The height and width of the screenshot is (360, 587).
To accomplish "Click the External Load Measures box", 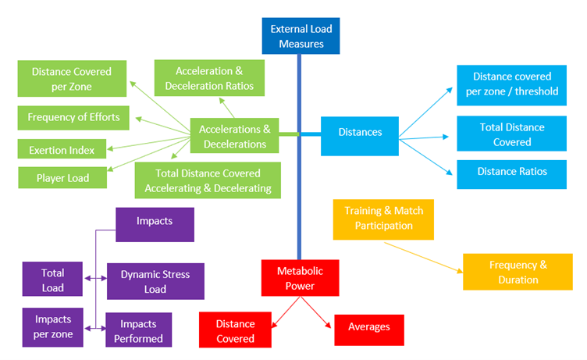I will point(301,36).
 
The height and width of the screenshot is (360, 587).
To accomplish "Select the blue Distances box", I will point(360,133).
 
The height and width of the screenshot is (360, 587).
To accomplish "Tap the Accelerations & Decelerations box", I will point(234,136).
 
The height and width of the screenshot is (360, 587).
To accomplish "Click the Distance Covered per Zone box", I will point(71,79).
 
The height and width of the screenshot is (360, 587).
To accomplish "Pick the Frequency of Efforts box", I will point(73,118).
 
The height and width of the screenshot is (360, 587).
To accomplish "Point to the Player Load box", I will point(62,177).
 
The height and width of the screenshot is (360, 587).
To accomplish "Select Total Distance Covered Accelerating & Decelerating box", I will point(208,180).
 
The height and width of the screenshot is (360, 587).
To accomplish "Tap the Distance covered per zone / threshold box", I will point(511,84).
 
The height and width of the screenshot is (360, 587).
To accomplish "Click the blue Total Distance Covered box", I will point(511,134).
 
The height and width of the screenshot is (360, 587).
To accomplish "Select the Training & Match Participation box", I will point(382,219).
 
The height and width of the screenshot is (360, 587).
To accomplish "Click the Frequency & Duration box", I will point(518,272).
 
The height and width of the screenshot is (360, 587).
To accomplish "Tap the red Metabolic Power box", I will point(300,278).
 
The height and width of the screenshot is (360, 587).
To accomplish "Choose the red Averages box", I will point(369,327).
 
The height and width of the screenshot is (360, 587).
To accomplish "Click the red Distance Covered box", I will point(235,330).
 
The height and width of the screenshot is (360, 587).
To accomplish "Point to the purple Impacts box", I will point(154,223).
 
